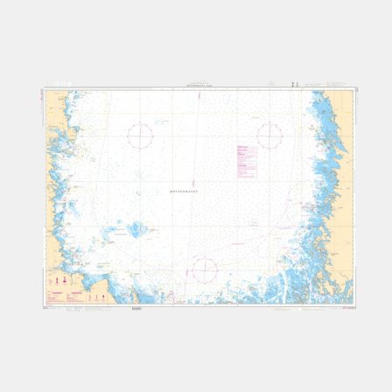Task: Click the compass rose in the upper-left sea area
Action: [140, 135]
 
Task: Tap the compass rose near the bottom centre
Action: [204, 269]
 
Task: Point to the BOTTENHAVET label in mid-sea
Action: [184, 189]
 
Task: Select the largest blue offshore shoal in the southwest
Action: [138, 230]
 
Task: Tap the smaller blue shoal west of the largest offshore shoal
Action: [111, 233]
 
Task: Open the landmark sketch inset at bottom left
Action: [63, 286]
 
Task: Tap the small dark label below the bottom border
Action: [136, 307]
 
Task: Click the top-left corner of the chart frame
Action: [43, 88]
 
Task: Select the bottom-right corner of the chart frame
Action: [355, 304]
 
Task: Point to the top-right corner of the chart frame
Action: [355, 88]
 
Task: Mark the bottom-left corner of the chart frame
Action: [43, 304]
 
